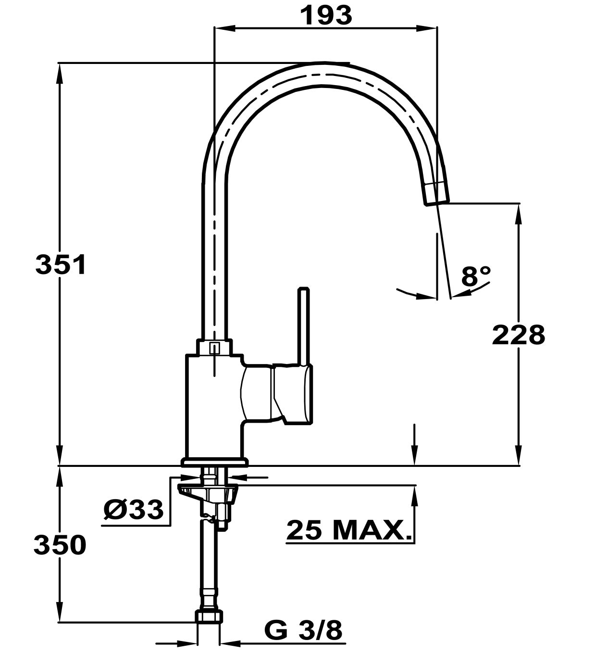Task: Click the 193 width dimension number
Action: click(326, 15)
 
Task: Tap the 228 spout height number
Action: click(518, 335)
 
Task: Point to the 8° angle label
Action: click(475, 276)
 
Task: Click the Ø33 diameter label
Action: click(133, 510)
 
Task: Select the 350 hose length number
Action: click(60, 545)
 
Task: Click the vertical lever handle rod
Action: click(303, 326)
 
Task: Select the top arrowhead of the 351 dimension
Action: click(60, 73)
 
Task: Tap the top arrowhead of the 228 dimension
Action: click(518, 214)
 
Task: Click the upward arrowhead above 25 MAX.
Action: click(414, 496)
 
